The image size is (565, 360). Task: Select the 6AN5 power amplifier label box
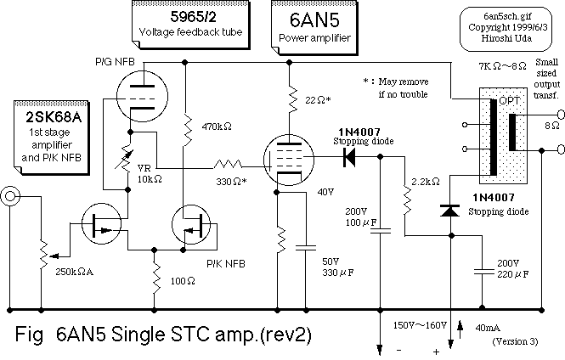point(311,24)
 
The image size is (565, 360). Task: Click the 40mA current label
point(487,325)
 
